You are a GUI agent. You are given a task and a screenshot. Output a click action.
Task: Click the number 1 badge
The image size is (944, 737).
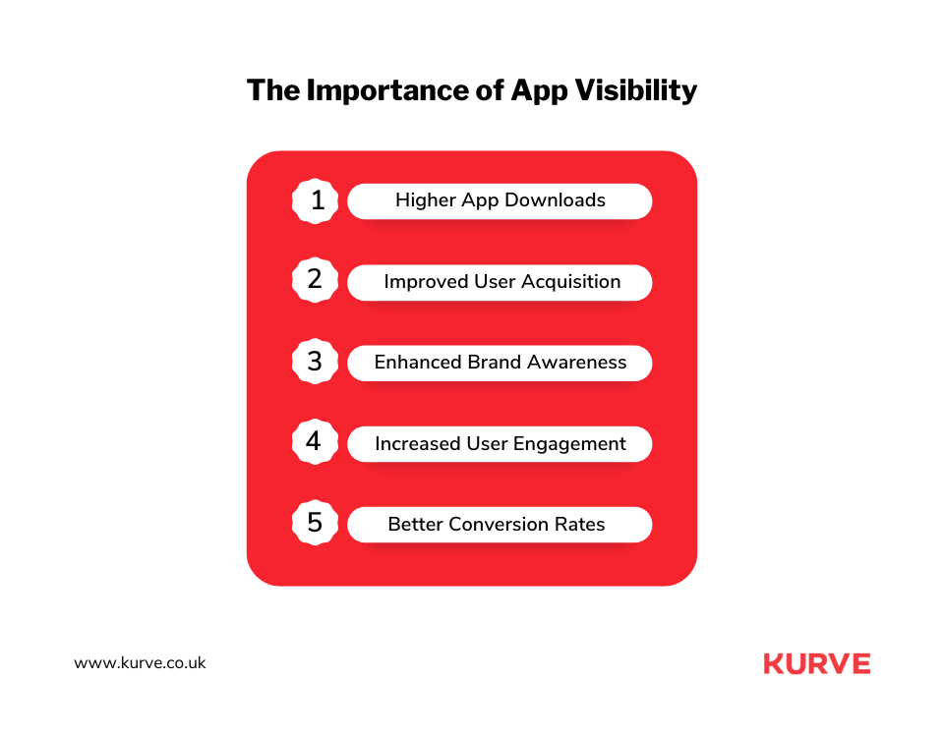[x=316, y=200]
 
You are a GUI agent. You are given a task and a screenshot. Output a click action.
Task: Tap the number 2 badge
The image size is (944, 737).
[x=316, y=281]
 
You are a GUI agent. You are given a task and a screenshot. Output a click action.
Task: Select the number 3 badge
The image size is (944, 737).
[x=316, y=363]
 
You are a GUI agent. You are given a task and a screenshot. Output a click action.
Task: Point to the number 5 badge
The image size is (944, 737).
[x=316, y=524]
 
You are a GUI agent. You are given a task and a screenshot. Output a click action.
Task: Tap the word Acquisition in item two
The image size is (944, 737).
[x=571, y=282]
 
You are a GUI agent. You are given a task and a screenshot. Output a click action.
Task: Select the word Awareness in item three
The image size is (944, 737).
[x=576, y=363]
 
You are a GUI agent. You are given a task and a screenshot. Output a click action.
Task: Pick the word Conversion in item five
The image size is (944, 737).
[x=494, y=525]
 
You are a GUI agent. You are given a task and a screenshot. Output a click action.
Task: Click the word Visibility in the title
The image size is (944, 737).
[x=635, y=90]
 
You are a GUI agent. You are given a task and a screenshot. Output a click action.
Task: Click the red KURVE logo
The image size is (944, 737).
[x=816, y=664]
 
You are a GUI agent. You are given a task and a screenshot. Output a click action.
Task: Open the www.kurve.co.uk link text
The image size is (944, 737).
[x=140, y=663]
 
